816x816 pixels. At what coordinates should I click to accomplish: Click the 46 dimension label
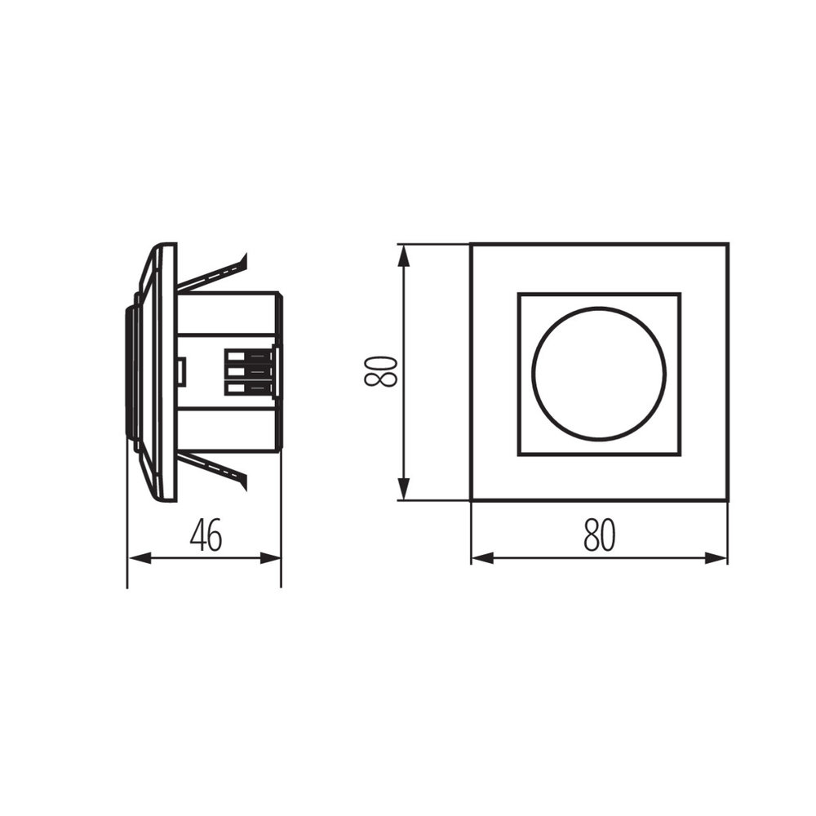(206, 535)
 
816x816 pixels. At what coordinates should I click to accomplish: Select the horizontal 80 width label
(599, 535)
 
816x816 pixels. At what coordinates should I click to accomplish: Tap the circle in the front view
(599, 373)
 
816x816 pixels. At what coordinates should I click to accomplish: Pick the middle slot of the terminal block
(237, 372)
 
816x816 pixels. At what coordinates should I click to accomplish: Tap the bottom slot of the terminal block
(237, 388)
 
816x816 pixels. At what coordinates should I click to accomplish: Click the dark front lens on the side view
(129, 372)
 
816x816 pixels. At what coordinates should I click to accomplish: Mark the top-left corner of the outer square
(471, 244)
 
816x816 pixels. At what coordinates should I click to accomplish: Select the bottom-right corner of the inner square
(680, 454)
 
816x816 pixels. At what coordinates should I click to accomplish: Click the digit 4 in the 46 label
(197, 535)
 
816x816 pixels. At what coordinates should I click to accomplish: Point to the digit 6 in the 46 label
(215, 535)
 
